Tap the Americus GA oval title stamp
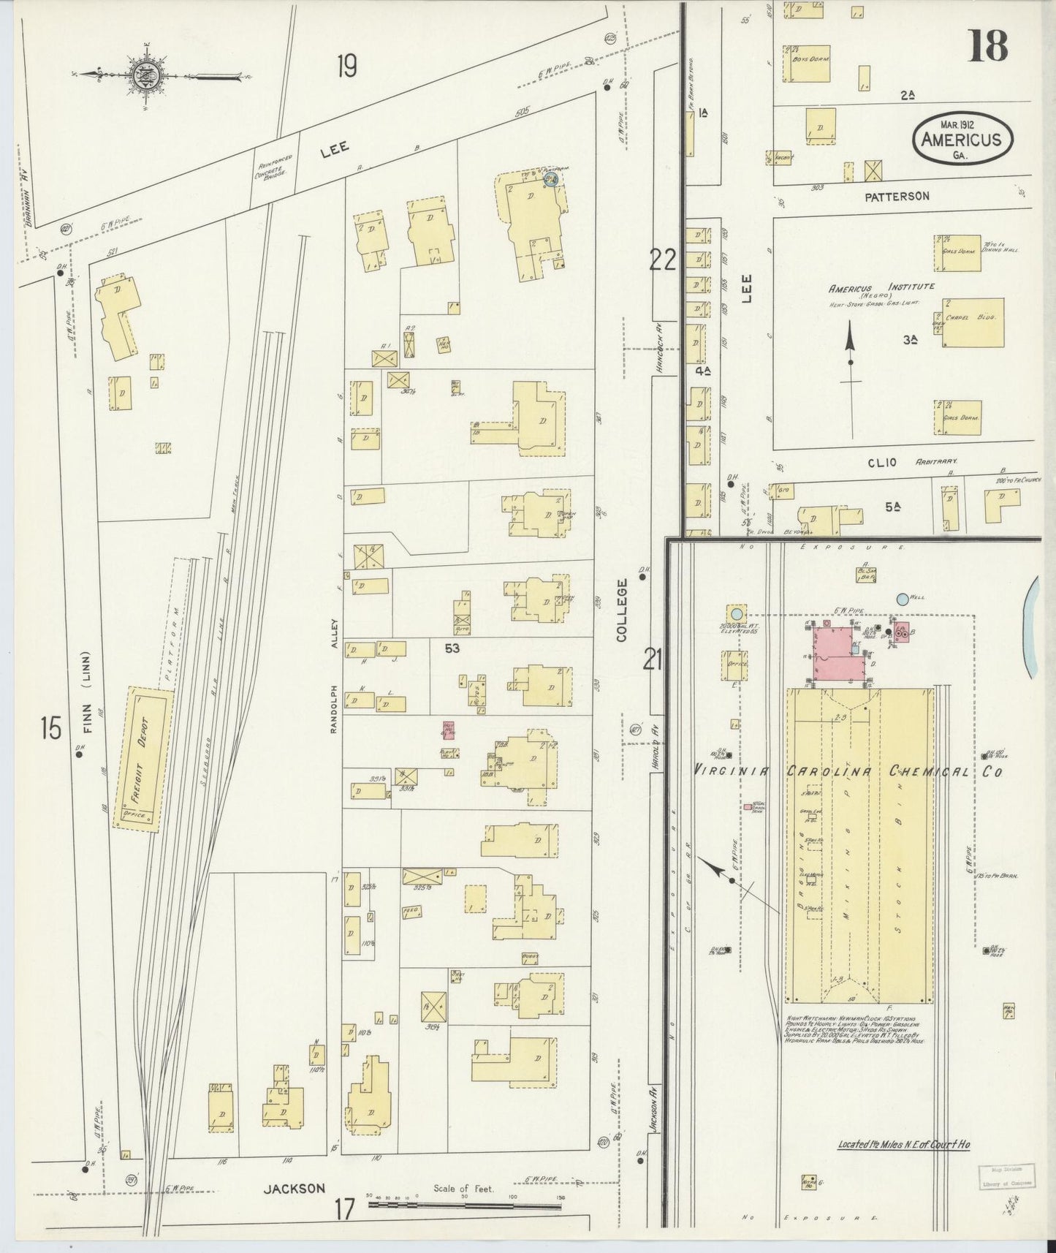tap(962, 137)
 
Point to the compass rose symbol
tap(141, 74)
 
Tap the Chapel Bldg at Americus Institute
tap(972, 322)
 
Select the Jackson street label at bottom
tap(295, 1189)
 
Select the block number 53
tap(452, 648)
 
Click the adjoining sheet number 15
tap(50, 729)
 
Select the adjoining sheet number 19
tap(346, 67)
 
